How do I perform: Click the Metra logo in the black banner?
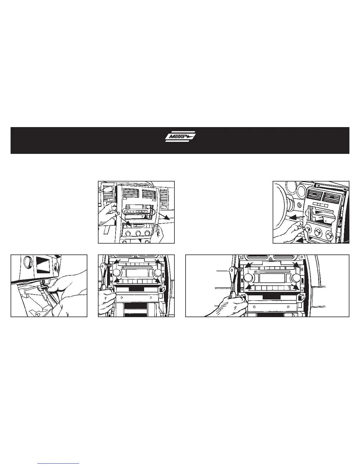click(180, 137)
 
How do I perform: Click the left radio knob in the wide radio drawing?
click(248, 278)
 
